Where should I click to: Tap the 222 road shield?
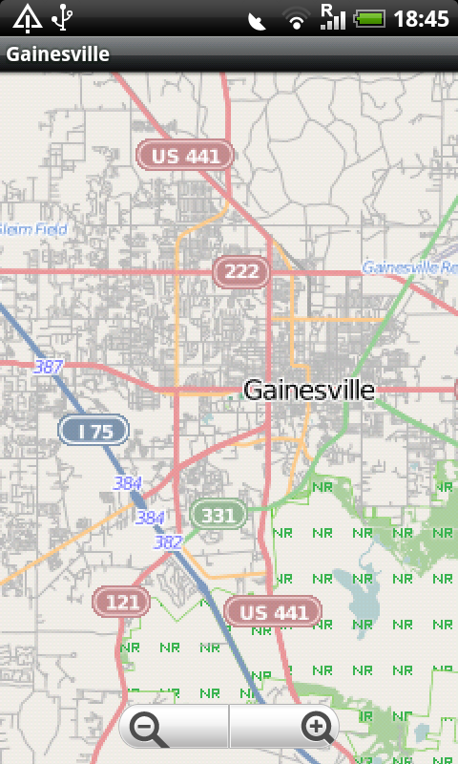point(241,272)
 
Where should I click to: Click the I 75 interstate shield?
point(95,432)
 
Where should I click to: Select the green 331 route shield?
point(219,516)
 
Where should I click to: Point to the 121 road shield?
point(121,602)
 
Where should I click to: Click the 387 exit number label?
point(48,366)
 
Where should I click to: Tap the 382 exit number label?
point(168,541)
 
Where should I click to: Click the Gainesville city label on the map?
point(309,390)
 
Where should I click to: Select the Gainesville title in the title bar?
point(57,54)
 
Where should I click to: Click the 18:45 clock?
point(421,18)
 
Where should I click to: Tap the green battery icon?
point(370,18)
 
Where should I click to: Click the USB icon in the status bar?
point(63,17)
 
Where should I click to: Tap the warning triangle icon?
point(26,17)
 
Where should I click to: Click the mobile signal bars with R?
point(332,16)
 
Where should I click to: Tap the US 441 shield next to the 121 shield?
point(268,612)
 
